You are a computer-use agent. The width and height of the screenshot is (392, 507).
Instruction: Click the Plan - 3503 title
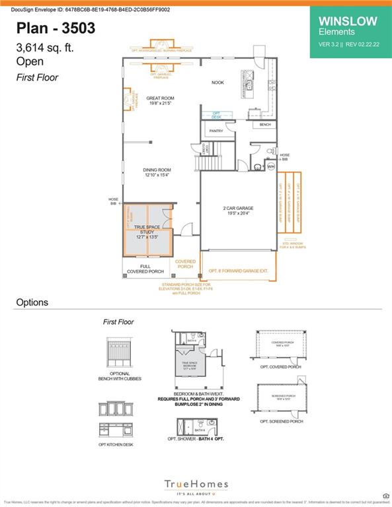click(56, 28)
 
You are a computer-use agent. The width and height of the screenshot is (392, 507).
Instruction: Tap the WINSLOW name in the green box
click(348, 20)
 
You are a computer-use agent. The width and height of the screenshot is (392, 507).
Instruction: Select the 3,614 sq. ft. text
click(46, 48)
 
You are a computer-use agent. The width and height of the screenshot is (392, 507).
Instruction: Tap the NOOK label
click(217, 83)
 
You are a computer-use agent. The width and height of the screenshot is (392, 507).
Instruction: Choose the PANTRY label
click(216, 131)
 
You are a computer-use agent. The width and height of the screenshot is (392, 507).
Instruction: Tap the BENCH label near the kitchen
click(265, 124)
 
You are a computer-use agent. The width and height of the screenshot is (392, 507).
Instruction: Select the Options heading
click(32, 302)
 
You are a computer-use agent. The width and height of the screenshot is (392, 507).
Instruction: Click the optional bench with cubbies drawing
click(116, 356)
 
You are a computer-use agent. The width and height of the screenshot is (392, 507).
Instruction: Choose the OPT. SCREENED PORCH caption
click(281, 421)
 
